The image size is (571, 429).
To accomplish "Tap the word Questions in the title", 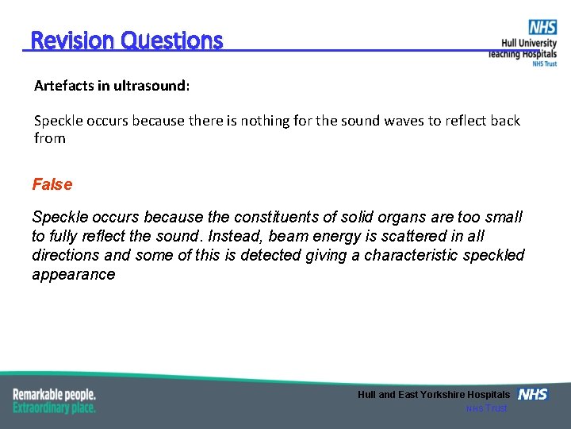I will [172, 40].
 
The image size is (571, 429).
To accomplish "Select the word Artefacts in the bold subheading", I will [64, 85].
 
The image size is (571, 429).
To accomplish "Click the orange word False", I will [52, 184].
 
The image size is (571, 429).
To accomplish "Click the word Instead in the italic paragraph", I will [232, 236].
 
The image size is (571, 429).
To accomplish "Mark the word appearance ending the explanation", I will [73, 274].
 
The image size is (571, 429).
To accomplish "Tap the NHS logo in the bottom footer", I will [533, 394].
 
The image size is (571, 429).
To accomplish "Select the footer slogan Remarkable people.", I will [55, 394].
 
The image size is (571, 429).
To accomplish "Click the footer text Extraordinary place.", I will [55, 408].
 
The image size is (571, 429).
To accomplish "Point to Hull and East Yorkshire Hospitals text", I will [434, 395].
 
